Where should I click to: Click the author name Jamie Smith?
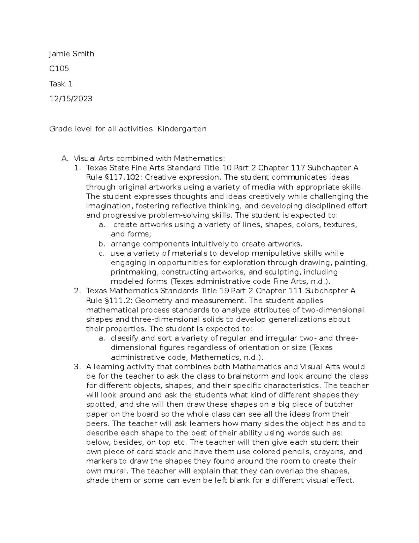click(72, 54)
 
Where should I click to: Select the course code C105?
click(59, 69)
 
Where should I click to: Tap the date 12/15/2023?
click(71, 99)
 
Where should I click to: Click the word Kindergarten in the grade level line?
click(182, 129)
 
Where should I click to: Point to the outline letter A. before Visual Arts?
click(65, 159)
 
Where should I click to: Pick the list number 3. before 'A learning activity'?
click(77, 367)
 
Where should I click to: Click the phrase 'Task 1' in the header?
click(61, 84)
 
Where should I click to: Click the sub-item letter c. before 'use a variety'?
click(102, 253)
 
